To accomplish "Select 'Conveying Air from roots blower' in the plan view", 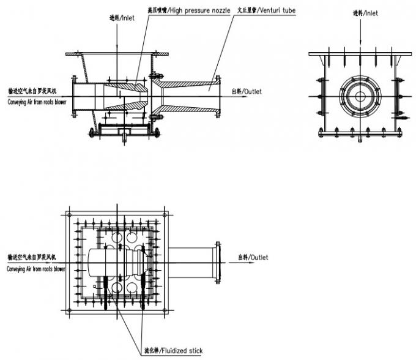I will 36,269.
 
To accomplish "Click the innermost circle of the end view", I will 360,97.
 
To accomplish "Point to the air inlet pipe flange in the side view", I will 73,97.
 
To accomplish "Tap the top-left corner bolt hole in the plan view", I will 69,216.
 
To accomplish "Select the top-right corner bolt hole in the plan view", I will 164,216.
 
